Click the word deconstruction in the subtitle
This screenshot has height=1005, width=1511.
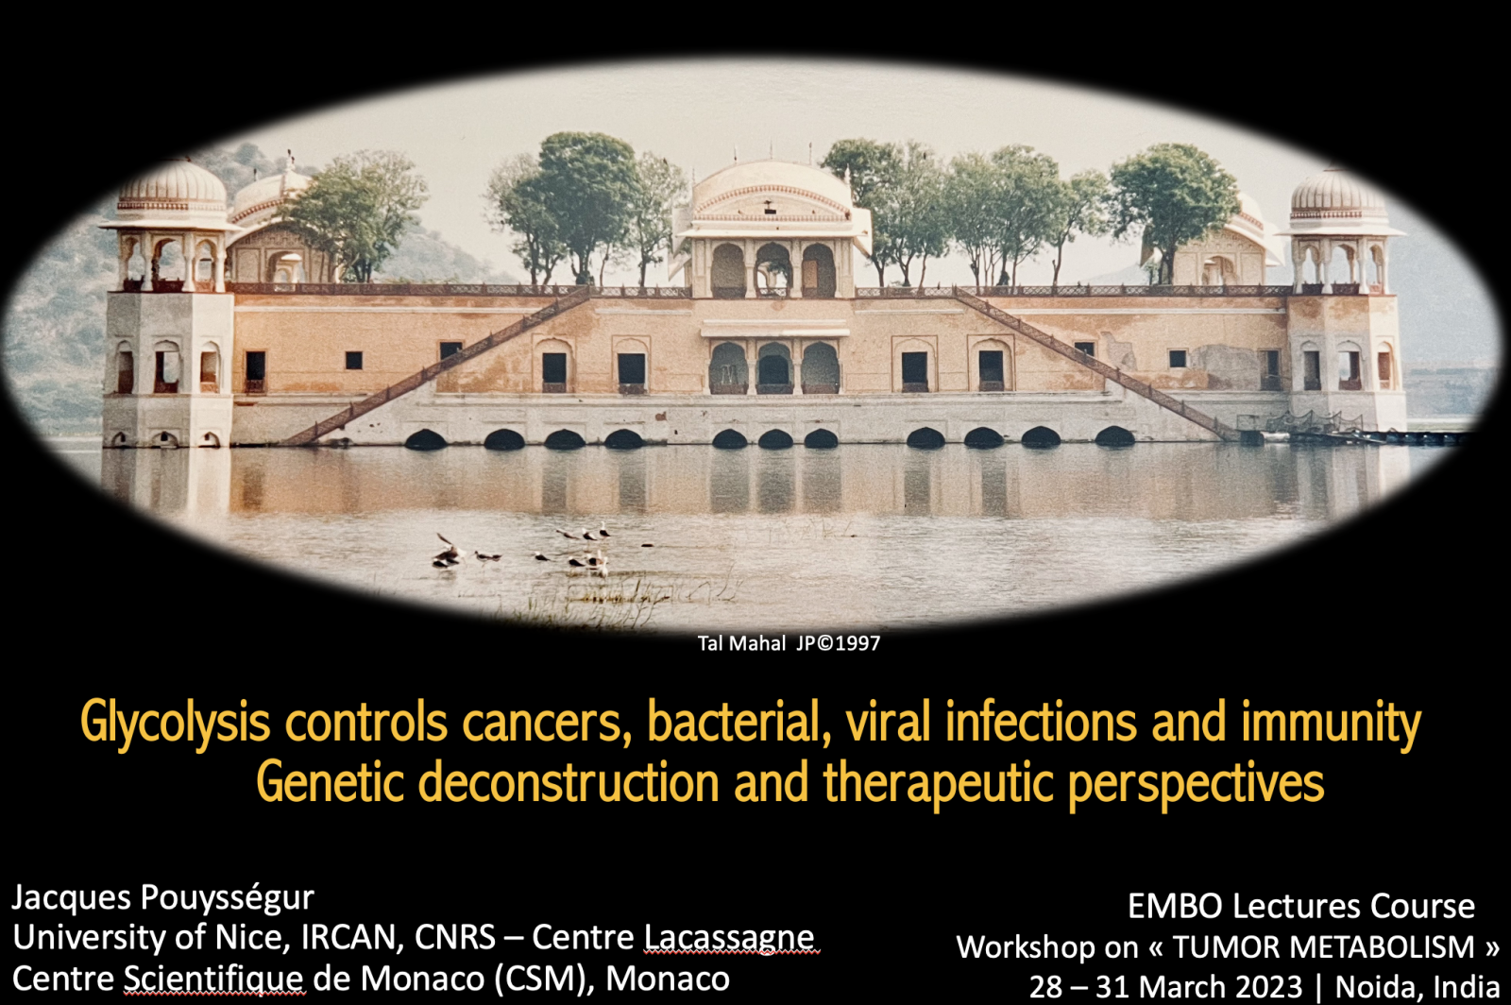(x=569, y=782)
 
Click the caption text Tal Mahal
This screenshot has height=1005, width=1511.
(x=741, y=643)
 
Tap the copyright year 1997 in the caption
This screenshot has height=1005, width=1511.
(x=857, y=643)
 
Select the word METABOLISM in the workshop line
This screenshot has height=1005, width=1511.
(x=1384, y=947)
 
